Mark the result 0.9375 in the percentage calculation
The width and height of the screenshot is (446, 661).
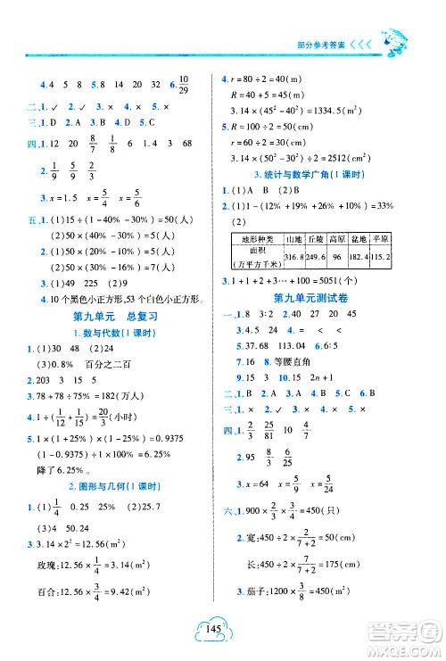pyautogui.click(x=187, y=465)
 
